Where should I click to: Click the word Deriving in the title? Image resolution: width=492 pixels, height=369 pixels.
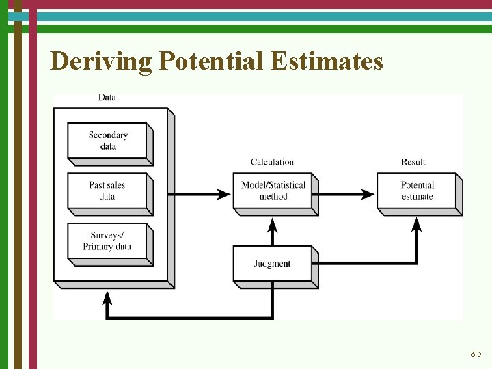(101, 62)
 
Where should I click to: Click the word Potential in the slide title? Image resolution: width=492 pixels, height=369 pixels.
(211, 62)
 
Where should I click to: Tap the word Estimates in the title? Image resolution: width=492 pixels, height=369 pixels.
(327, 62)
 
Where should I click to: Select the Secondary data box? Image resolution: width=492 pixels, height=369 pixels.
(108, 141)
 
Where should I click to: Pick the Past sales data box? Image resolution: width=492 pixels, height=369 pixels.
(108, 191)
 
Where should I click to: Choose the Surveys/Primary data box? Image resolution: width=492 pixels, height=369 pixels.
(108, 241)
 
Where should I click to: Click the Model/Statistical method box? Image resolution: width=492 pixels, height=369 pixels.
(273, 191)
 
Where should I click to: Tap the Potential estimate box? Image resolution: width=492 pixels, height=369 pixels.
(418, 191)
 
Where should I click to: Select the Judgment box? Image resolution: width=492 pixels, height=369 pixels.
(272, 264)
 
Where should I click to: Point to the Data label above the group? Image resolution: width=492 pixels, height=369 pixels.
(107, 98)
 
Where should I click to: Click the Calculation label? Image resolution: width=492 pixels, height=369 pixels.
(272, 162)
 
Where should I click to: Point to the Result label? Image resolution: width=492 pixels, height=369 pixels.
(413, 162)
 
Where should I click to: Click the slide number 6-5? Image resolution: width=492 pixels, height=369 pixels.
(476, 354)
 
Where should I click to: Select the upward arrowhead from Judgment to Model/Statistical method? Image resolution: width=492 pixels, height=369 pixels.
(273, 225)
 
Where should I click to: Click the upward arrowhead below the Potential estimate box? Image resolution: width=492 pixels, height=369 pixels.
(416, 225)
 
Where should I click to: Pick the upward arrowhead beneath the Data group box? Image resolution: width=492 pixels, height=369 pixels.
(107, 297)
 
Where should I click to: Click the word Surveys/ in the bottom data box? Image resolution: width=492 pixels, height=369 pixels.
(107, 236)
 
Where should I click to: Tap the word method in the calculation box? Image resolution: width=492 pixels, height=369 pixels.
(273, 197)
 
